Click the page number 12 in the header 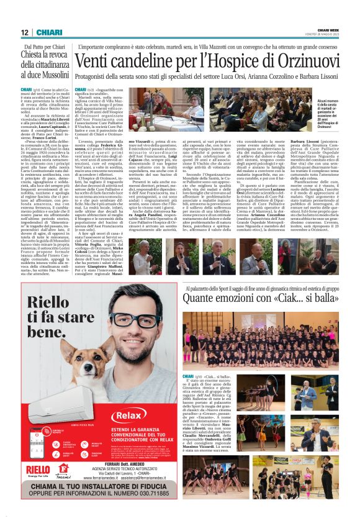click(24, 32)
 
